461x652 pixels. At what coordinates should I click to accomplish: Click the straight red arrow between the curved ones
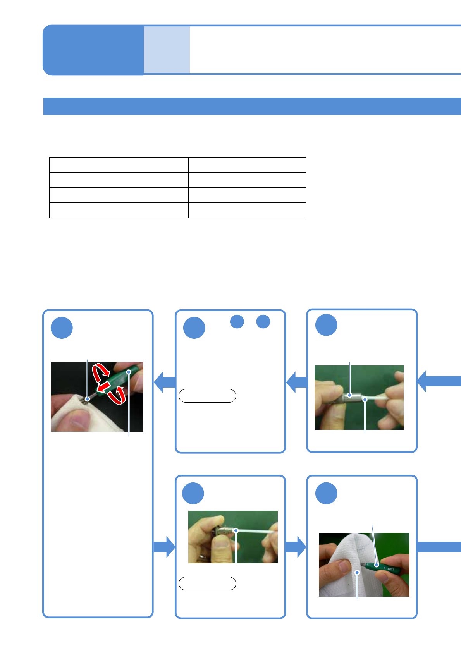(103, 387)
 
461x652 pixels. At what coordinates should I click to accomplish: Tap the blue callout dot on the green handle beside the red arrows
(129, 372)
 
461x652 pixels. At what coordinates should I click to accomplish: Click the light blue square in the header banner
(167, 50)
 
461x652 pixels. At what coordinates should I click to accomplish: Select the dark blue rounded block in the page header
(93, 50)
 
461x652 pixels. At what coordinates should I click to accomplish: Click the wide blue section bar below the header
(252, 106)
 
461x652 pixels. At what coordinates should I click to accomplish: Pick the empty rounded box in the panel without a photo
(207, 396)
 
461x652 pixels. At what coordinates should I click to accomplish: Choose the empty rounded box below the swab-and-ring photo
(207, 583)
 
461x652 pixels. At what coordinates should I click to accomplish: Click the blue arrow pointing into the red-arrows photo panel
(164, 382)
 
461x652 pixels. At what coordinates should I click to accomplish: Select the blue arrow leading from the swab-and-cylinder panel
(296, 382)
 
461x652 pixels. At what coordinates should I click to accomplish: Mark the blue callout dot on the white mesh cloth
(357, 572)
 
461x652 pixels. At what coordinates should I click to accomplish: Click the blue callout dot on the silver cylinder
(350, 395)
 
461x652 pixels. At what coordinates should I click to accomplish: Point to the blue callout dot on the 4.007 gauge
(376, 565)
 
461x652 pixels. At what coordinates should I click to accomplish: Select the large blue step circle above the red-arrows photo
(62, 328)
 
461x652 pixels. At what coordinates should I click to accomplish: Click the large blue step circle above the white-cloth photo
(326, 493)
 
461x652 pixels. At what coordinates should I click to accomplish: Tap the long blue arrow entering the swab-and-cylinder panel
(439, 381)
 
